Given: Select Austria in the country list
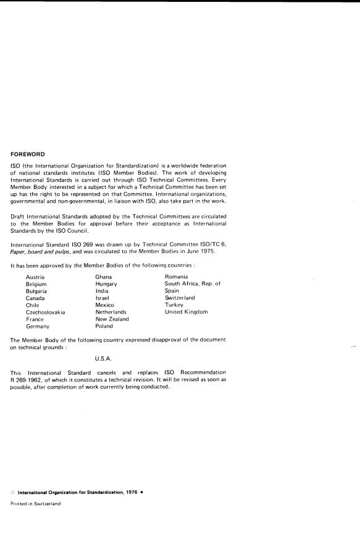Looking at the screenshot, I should [35, 277].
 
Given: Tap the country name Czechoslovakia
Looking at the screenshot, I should [45, 312].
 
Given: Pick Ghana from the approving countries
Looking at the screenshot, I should [104, 277].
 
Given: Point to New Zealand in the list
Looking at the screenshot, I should [112, 319].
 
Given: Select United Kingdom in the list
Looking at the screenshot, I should [186, 312].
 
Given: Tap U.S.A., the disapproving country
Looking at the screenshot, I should [104, 358].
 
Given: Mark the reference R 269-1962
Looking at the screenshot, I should [31, 379].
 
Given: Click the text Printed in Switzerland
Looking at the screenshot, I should [35, 503].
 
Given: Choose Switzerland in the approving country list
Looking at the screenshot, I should [180, 298].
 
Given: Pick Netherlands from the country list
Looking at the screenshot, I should [111, 312].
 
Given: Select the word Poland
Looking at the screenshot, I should [104, 326].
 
